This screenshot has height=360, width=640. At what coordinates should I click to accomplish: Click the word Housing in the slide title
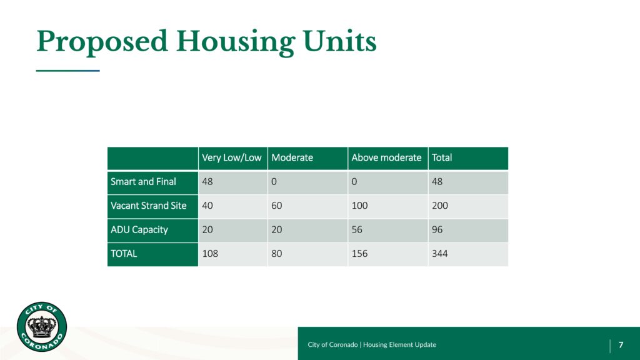tap(235, 42)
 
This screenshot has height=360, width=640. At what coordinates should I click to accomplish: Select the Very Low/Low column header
tap(231, 158)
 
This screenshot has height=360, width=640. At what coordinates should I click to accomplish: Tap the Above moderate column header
tap(386, 158)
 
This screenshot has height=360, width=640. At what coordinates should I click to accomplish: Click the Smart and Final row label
tap(143, 182)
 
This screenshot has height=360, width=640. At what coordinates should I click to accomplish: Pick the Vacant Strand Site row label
tap(149, 206)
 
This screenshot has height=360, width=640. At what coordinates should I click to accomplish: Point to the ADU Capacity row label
tap(139, 230)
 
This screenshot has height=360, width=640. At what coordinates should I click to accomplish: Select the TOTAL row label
tap(124, 254)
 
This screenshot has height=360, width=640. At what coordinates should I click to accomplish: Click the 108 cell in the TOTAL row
tap(210, 254)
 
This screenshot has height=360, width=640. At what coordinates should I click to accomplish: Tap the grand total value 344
tap(440, 254)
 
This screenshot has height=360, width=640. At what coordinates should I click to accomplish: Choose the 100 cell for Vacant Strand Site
tap(359, 206)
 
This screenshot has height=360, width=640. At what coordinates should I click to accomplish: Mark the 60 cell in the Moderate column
tap(277, 206)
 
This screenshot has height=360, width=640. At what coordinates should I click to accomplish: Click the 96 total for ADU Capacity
tap(437, 230)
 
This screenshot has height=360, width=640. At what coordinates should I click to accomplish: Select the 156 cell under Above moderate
tap(359, 254)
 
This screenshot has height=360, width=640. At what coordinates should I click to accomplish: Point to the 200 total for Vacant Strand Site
tap(440, 206)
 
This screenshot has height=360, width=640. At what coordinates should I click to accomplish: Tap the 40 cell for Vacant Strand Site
tap(207, 206)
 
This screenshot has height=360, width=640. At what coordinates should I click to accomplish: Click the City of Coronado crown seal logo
tap(42, 326)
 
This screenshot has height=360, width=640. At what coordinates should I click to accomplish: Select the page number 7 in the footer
tap(621, 345)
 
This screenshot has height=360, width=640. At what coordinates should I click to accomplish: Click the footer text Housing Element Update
tap(399, 345)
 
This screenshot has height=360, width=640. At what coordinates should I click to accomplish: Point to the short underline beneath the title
tap(67, 71)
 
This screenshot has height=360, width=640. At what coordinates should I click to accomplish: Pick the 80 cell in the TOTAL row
tap(277, 254)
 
